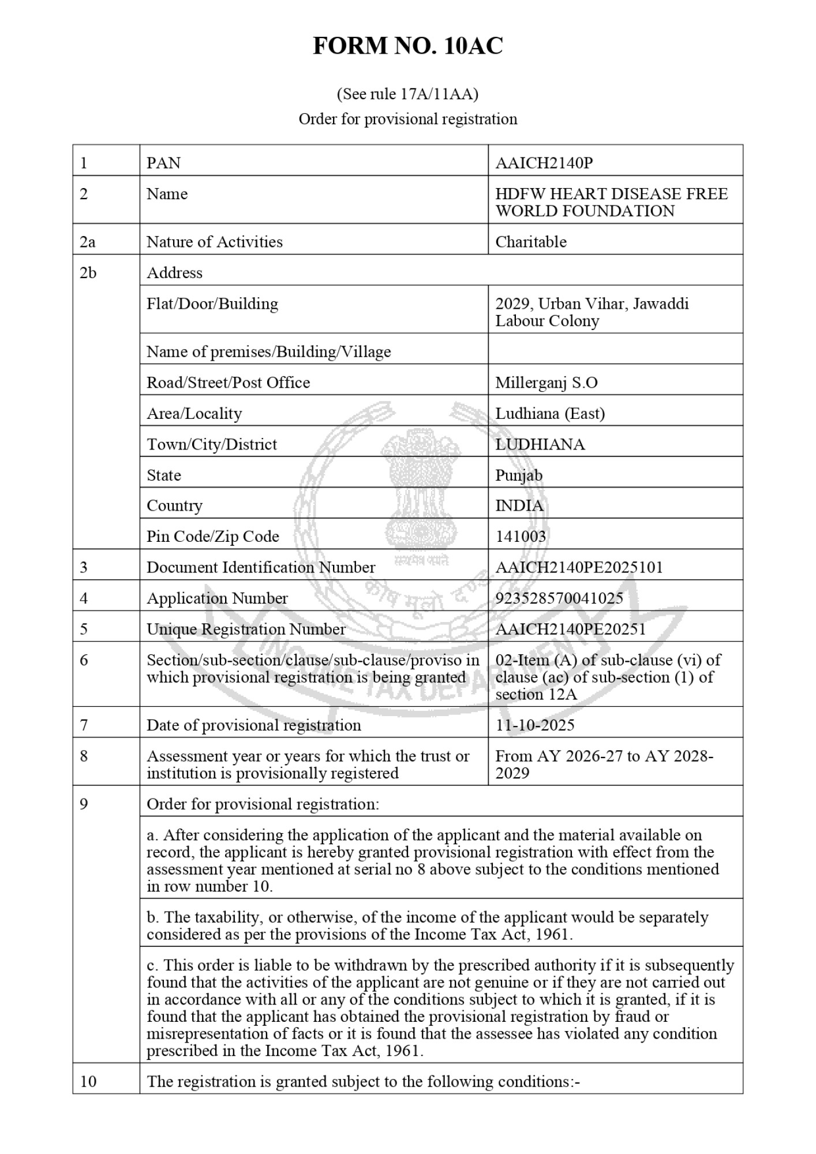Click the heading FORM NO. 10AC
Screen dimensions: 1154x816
coord(407,46)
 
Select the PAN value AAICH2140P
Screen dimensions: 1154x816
coord(544,163)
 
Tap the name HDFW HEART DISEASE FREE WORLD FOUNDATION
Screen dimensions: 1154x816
coord(611,202)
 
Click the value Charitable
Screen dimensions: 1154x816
coord(531,242)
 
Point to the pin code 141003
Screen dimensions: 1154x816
coord(521,537)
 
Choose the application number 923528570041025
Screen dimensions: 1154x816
coord(559,598)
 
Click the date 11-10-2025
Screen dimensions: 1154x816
coord(535,725)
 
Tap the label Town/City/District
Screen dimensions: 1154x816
coord(212,444)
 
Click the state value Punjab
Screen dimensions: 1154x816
coord(519,475)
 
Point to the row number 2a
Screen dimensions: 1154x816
coord(88,242)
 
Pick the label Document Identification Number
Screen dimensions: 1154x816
coord(261,568)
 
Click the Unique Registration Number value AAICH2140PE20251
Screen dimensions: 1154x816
coord(570,629)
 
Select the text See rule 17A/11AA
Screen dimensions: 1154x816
coord(407,93)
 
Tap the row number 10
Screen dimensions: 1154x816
coord(88,1081)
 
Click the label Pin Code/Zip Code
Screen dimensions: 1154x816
coord(213,537)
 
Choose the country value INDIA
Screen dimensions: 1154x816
coord(519,506)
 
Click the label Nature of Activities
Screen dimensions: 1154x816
coord(215,242)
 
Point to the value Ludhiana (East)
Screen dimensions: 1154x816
coord(550,414)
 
